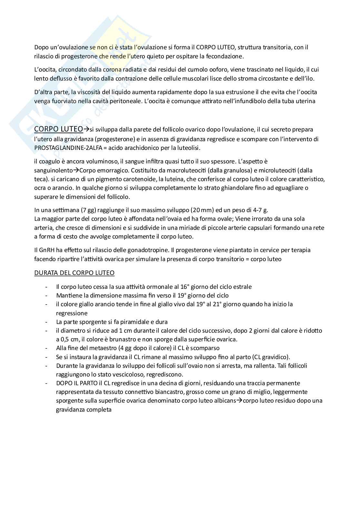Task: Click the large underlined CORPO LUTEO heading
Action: (x=58, y=129)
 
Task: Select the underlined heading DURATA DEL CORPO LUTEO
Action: (x=74, y=273)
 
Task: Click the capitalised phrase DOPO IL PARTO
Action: (x=76, y=383)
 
